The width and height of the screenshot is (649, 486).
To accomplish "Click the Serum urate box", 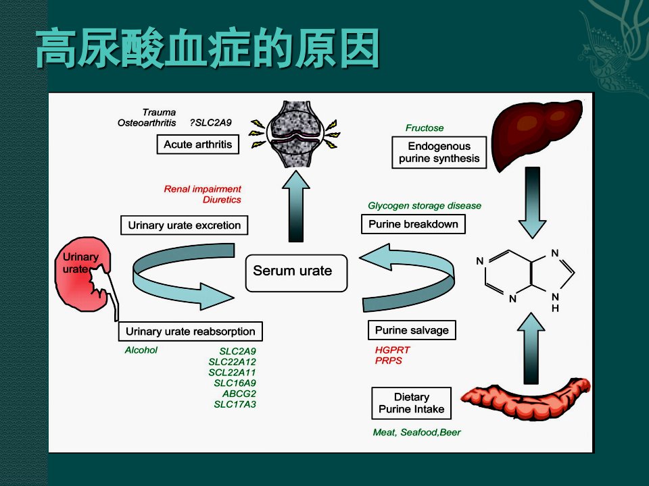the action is pos(296,273).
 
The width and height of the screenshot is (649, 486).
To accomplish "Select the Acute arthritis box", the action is pos(198,144).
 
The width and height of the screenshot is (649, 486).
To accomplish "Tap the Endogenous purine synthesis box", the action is pos(439,153).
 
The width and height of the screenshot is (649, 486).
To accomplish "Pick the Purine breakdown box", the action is pos(413,224).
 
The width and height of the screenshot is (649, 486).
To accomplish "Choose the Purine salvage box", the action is pos(412,330).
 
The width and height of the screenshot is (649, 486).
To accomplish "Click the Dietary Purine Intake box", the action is pos(412,403).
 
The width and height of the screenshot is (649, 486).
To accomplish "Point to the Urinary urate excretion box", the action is pos(184,225).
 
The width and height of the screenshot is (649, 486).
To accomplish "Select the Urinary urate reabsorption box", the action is pos(191,331).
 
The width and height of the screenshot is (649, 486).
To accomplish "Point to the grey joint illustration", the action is pos(295,134).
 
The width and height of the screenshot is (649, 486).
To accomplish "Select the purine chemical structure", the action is pos(526,277).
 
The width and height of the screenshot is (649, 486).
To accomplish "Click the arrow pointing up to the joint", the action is pos(296,206).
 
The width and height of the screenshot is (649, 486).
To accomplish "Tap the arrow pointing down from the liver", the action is pos(532,202).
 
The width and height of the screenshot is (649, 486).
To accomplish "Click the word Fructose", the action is pos(425,128).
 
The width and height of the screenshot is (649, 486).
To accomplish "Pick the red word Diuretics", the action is pos(222,200).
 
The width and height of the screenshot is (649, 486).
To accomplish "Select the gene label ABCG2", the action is pos(239,394).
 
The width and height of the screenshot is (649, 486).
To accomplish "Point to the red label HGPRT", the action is pos(392,350).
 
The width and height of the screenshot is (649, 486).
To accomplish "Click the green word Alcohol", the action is pos(141,350).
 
